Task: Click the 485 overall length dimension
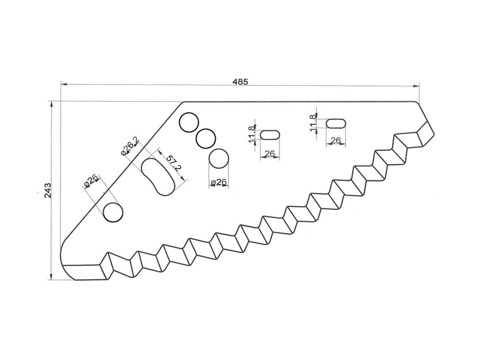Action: [240, 81]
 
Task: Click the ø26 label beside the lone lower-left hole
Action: [91, 180]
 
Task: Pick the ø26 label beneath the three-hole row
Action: [218, 182]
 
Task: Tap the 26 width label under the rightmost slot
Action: [335, 140]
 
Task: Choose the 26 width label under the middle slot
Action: [269, 153]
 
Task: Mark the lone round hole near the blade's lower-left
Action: [113, 212]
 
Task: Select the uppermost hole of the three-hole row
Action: [189, 123]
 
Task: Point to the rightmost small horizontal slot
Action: [336, 123]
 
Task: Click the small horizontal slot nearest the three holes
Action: [270, 135]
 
